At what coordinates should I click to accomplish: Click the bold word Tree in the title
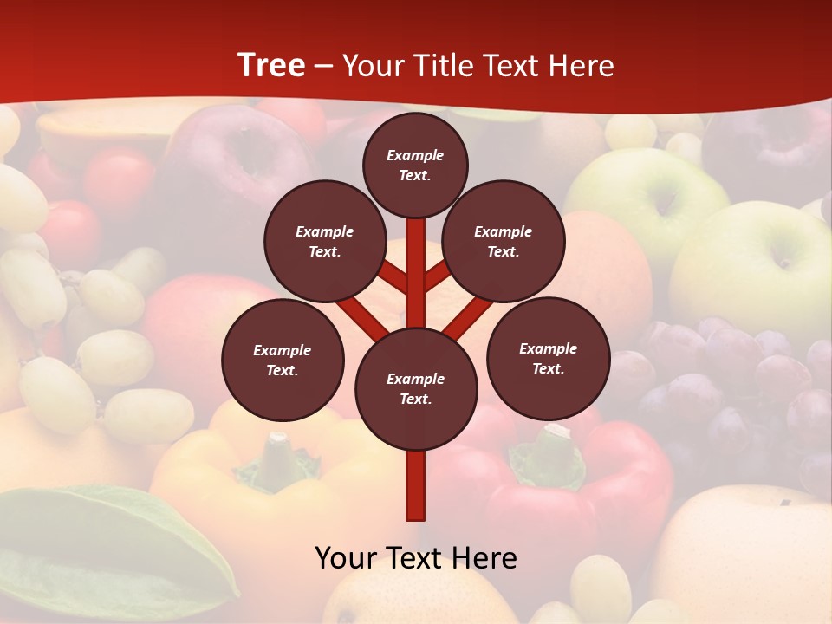click(x=271, y=66)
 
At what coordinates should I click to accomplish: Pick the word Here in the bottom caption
click(x=484, y=558)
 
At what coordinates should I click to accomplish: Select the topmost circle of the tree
click(x=415, y=165)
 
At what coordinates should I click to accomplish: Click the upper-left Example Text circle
click(x=324, y=242)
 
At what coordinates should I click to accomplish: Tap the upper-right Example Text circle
click(x=504, y=242)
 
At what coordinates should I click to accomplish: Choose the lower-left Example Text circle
click(x=283, y=361)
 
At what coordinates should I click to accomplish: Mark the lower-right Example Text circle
click(x=548, y=359)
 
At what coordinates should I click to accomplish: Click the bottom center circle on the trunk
click(x=416, y=389)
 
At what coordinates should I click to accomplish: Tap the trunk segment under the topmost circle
click(x=416, y=260)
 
